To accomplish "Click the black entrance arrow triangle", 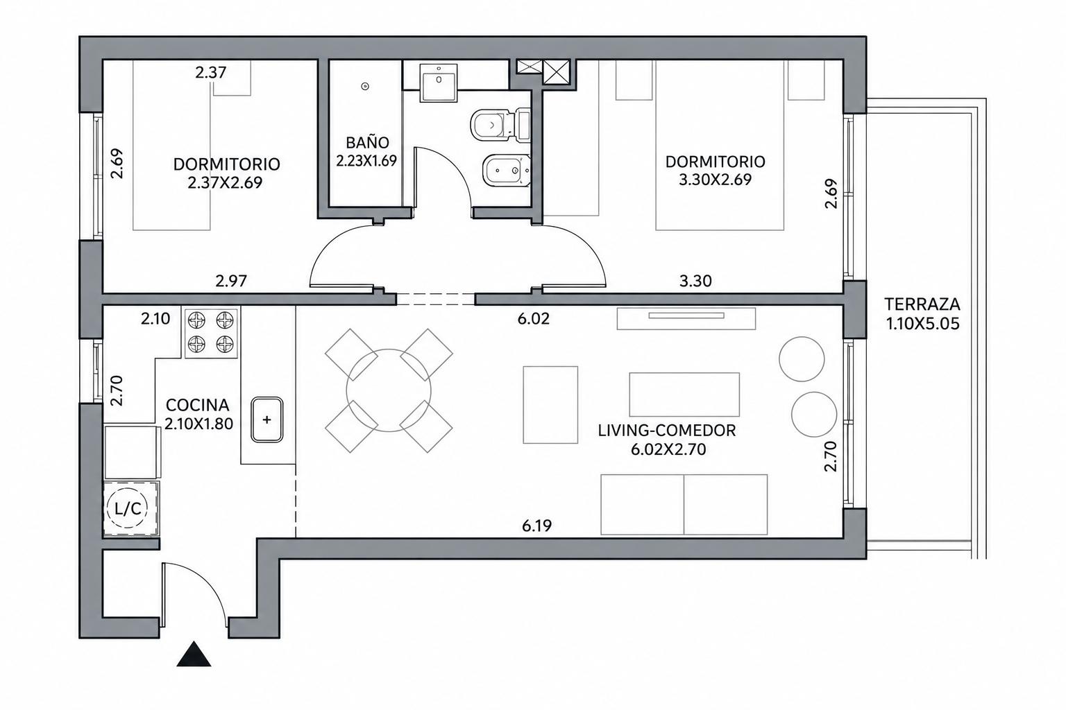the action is coord(194,655).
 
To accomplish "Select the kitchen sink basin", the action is coord(267,420).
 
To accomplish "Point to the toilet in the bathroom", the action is coord(500,125).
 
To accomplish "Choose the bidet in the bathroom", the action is coord(506,171).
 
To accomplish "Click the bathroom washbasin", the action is coord(439,83).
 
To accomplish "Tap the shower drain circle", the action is coord(365,86).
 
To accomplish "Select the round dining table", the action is coord(389,390).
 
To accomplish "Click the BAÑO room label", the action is coord(367,142).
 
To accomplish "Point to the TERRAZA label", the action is coord(922,304).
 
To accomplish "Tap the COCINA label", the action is coord(198,405).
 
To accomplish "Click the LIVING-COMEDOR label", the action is coord(667,431).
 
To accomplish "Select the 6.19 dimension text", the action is coord(536,526).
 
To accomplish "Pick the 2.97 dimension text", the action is coord(231,281).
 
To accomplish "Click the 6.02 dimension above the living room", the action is coord(534,319).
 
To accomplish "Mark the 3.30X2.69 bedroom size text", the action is coord(715,180).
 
